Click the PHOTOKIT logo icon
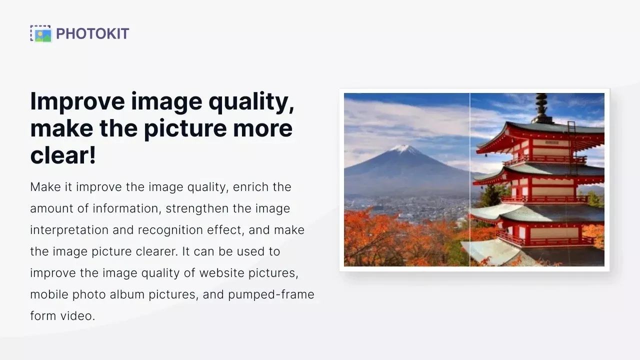(x=41, y=33)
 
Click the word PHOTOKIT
(x=92, y=33)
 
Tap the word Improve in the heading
(x=77, y=101)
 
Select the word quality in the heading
(x=251, y=101)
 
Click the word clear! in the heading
(x=63, y=155)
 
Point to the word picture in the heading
(x=185, y=129)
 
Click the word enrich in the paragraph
(x=250, y=187)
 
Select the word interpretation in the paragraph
(x=69, y=230)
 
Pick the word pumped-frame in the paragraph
(x=271, y=294)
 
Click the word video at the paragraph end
(x=77, y=316)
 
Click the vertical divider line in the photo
(x=469, y=179)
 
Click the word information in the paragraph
(x=124, y=208)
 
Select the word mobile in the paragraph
(x=49, y=294)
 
